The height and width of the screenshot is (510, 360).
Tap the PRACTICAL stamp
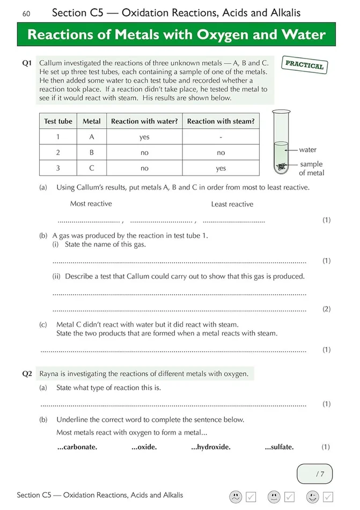304,65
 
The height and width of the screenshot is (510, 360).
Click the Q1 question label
28,63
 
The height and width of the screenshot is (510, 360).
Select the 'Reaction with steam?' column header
221,121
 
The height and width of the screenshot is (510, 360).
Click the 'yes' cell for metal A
144,137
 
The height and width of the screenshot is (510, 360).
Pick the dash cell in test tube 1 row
221,137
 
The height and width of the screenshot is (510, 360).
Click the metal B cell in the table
92,152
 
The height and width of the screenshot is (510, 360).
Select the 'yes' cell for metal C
221,168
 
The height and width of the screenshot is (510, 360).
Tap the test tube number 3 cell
58,168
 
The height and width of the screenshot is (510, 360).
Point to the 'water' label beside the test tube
308,150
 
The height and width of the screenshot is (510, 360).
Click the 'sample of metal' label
311,169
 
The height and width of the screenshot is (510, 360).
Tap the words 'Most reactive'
91,203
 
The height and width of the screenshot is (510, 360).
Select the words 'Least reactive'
232,204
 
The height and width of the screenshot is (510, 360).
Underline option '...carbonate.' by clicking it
77,447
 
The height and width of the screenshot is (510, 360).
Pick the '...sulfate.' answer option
279,447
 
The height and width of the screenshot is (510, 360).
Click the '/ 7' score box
315,473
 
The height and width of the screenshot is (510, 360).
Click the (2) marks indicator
326,309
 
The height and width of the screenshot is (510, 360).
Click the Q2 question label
28,374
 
